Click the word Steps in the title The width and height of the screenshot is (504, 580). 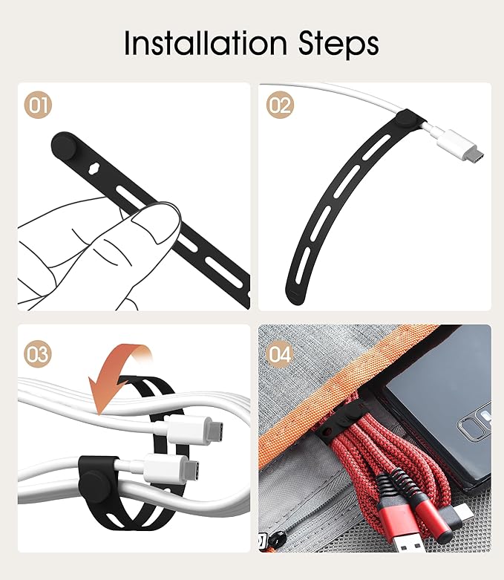tap(338, 45)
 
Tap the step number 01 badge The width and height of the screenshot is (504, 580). tap(38, 105)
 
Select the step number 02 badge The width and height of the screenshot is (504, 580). tap(280, 105)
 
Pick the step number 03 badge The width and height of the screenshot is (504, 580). tap(38, 354)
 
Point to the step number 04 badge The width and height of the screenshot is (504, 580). tap(280, 354)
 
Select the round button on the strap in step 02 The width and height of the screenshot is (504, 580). tap(405, 120)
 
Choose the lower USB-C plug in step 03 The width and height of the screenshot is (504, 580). tap(173, 469)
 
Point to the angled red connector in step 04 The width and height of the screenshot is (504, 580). tap(445, 513)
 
